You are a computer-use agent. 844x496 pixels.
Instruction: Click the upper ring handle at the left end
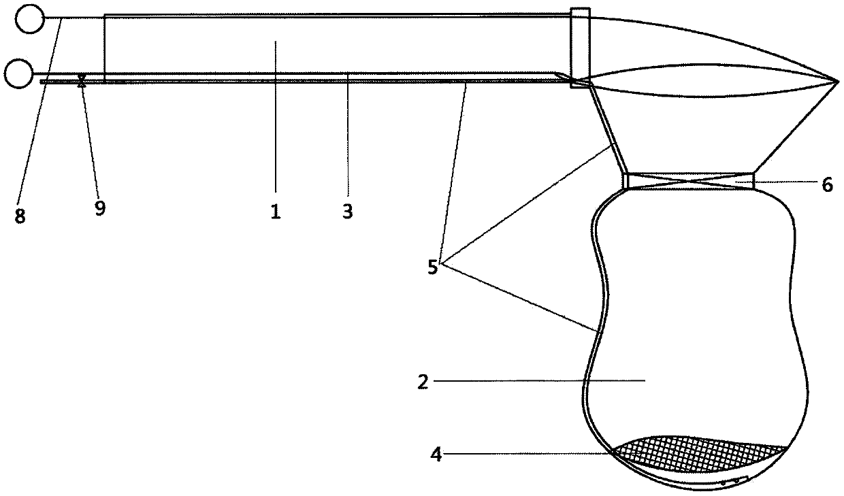[29, 18]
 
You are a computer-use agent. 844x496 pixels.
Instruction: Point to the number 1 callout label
[275, 212]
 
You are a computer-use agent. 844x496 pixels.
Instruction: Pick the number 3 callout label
[347, 211]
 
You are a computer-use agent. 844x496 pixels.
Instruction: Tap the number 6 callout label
[827, 185]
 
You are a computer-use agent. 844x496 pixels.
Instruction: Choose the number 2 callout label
[423, 382]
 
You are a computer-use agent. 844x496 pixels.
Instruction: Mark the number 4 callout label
[436, 454]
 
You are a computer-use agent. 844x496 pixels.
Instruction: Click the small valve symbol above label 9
[82, 81]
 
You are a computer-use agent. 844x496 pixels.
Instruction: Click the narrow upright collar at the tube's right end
[579, 44]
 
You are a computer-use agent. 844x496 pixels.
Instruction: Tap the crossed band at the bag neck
[689, 180]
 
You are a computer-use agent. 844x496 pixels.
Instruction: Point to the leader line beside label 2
[538, 382]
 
